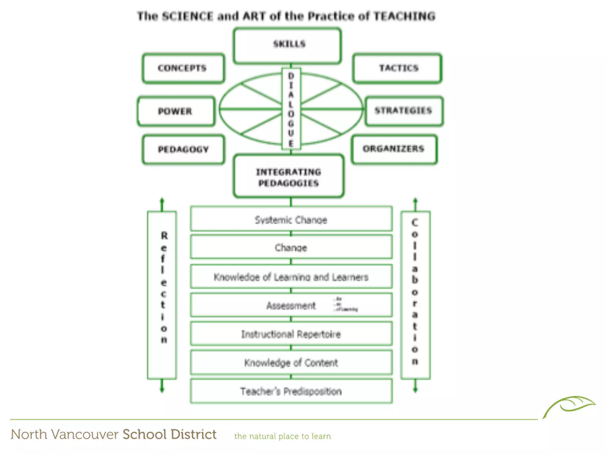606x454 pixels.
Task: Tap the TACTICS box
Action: tap(397, 68)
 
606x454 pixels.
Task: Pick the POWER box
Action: tap(176, 111)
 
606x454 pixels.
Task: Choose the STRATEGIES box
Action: tap(404, 111)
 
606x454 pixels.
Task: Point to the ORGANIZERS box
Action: tap(394, 149)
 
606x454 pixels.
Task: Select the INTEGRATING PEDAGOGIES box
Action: tap(289, 177)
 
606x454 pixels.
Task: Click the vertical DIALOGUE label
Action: tap(291, 109)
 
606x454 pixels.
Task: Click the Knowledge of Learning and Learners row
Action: tap(291, 277)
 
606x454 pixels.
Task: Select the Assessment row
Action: tap(291, 305)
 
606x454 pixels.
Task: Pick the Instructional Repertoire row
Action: tap(291, 334)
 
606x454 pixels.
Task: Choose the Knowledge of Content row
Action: tap(291, 362)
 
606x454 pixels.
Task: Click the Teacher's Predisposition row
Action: tap(291, 391)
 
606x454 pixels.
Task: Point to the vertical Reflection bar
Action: tap(162, 295)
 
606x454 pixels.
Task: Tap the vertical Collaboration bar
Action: tap(415, 295)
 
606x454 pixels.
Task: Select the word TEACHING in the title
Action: tap(404, 16)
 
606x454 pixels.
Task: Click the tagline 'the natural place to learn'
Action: tap(283, 436)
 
